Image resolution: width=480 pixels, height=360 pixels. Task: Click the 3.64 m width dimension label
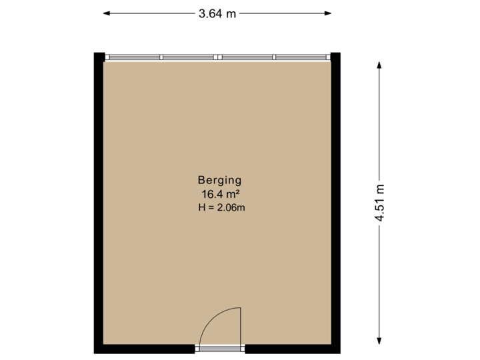point(217,13)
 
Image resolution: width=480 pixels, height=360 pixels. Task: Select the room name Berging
point(219,179)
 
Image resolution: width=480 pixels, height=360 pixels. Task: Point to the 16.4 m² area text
point(219,194)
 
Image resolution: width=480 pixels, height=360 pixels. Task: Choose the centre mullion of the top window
point(218,57)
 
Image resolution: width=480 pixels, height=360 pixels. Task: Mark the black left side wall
point(97,200)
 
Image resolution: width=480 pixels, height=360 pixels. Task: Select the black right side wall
point(337,200)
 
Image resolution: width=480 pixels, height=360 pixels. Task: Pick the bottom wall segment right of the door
point(290,349)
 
